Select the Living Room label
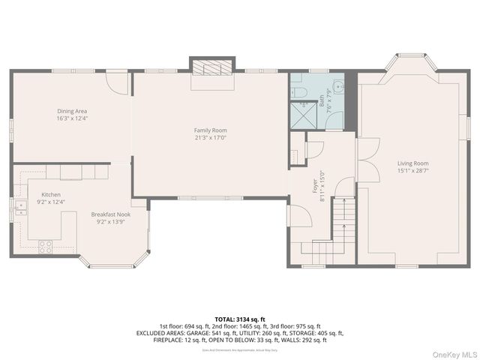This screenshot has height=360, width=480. pyautogui.click(x=413, y=163)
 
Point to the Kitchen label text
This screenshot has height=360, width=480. pyautogui.click(x=52, y=194)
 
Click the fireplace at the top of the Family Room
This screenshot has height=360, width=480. pyautogui.click(x=211, y=68)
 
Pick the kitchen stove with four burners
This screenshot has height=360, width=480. pyautogui.click(x=45, y=244)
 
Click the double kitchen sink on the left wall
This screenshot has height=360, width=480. pyautogui.click(x=16, y=207)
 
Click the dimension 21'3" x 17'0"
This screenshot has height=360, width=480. pyautogui.click(x=210, y=137)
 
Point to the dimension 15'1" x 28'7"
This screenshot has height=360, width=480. pyautogui.click(x=413, y=170)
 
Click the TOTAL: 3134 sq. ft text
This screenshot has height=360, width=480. pyautogui.click(x=239, y=319)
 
